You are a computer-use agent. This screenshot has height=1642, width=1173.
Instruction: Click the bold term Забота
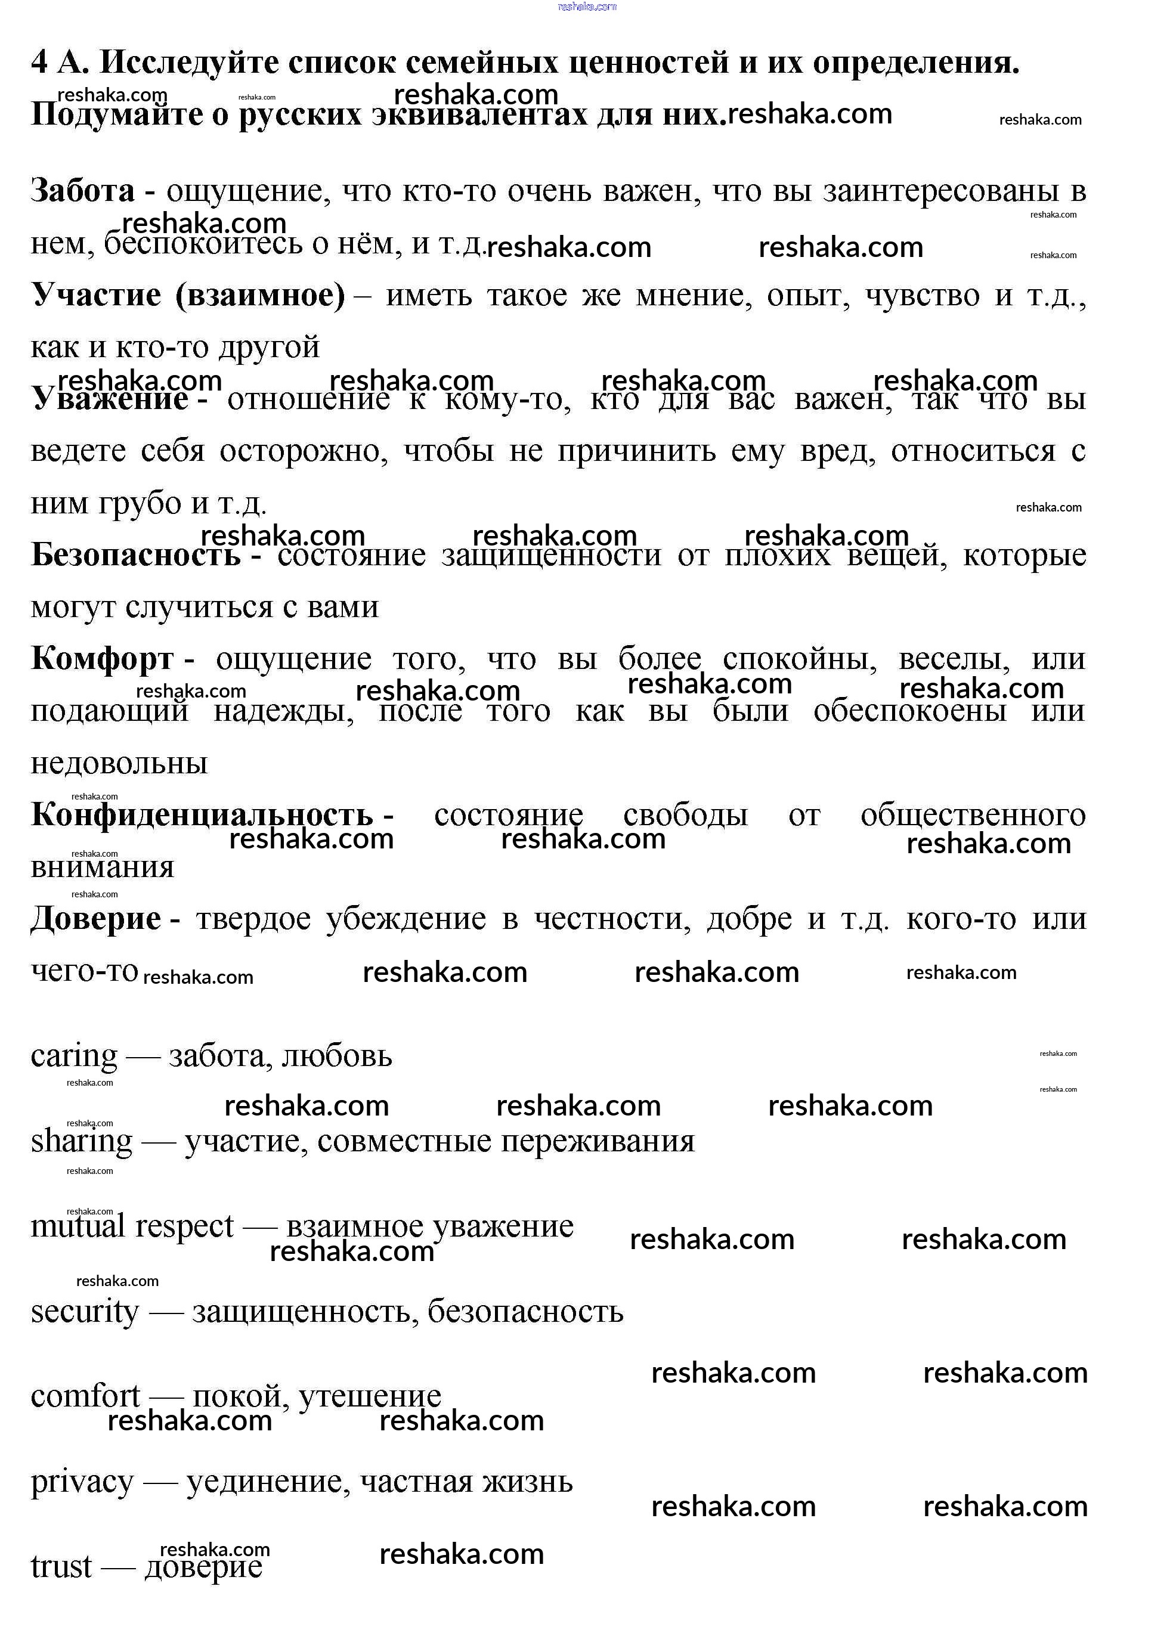(82, 191)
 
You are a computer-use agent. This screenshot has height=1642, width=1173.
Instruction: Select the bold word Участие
(96, 295)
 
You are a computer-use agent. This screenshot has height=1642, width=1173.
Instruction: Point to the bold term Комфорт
(102, 659)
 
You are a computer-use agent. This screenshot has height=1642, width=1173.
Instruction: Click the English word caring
(74, 1056)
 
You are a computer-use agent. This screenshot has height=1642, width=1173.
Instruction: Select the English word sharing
(81, 1141)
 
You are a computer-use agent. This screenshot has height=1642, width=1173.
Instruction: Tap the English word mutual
(78, 1226)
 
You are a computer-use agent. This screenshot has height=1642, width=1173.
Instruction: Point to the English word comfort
(85, 1396)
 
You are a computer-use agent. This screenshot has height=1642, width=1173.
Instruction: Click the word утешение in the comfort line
(369, 1396)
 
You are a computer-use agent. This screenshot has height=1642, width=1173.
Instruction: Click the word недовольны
(119, 763)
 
